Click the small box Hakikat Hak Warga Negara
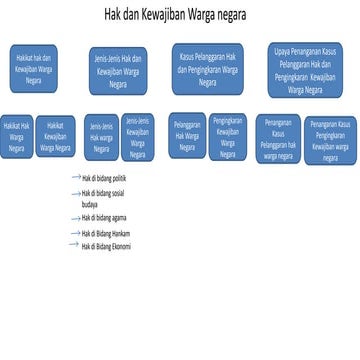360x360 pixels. (x=17, y=137)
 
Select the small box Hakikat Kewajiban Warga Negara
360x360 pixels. (x=55, y=137)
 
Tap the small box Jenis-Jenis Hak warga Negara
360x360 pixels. (x=101, y=138)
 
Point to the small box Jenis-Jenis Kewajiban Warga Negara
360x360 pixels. (x=138, y=137)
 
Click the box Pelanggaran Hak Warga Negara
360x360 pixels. (x=186, y=136)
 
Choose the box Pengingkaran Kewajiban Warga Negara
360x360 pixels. (x=227, y=136)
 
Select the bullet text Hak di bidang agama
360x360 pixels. (x=104, y=217)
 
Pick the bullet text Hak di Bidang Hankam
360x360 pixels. (x=106, y=233)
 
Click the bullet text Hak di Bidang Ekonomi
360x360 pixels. (x=106, y=245)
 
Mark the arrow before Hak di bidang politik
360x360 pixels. (x=76, y=177)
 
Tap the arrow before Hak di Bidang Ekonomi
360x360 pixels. (x=73, y=244)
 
